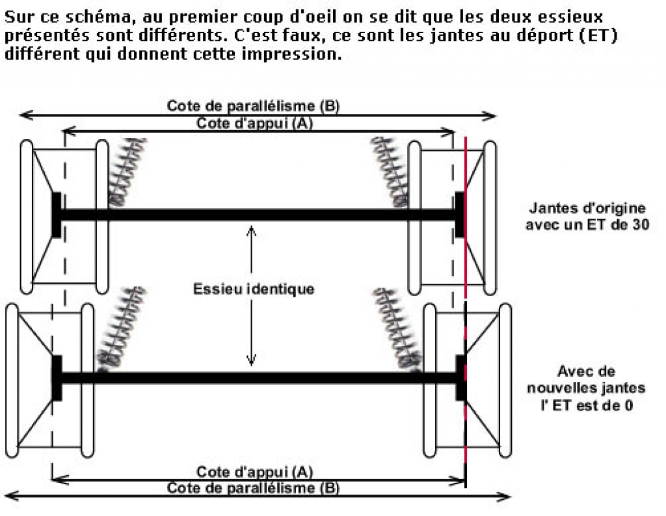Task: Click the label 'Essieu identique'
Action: (x=253, y=289)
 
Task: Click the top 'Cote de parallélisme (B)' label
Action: (x=253, y=106)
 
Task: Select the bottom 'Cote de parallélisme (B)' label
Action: (x=253, y=488)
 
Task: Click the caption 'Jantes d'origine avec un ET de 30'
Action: (x=587, y=217)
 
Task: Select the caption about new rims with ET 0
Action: (x=595, y=388)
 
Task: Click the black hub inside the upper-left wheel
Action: (x=57, y=214)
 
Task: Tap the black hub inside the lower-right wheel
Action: (x=461, y=377)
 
